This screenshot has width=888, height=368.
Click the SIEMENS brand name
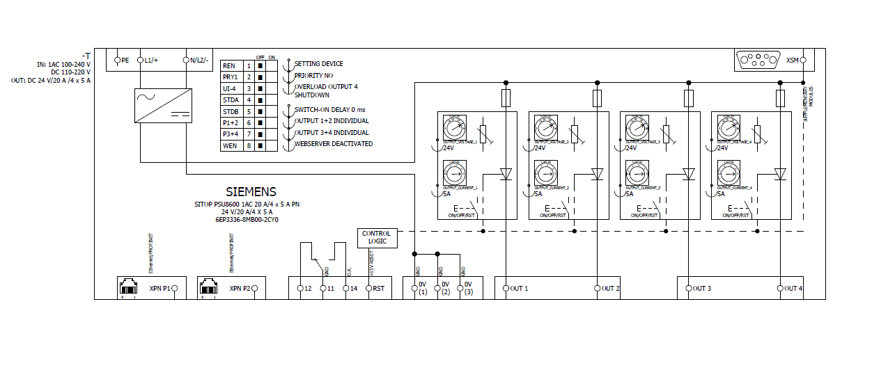pos(251,191)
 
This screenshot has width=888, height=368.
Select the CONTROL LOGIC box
pos(377,238)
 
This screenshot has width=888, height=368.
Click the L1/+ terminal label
pos(151,61)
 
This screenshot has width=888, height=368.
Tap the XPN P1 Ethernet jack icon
pos(130,286)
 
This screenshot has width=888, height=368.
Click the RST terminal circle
pos(369,288)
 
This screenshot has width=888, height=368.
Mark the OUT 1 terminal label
pos(520,288)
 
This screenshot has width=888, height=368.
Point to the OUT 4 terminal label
pos(794,288)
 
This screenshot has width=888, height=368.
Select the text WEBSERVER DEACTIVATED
pos(334,144)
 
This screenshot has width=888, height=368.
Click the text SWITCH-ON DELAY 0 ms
pos(329,110)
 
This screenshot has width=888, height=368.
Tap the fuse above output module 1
pos(506,98)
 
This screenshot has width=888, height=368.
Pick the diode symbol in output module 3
pos(689,173)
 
